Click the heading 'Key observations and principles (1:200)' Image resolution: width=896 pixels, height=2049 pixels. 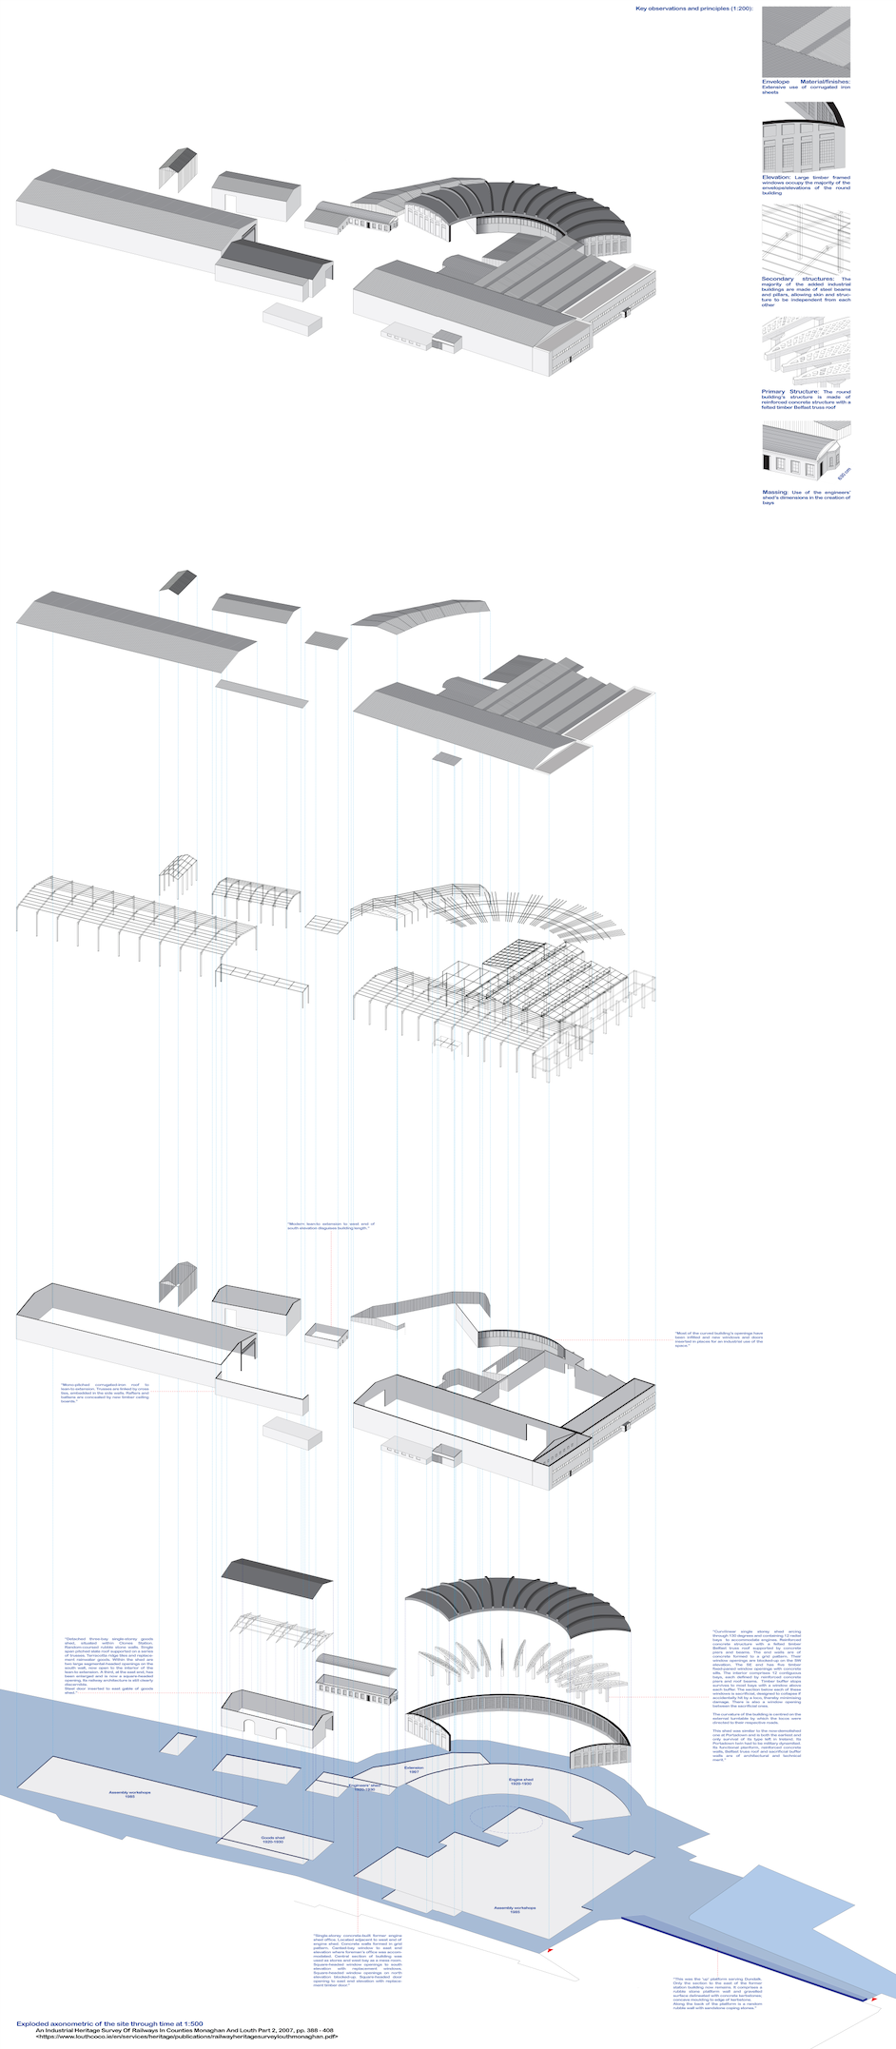pos(694,9)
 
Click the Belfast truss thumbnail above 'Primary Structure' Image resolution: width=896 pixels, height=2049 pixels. pos(806,351)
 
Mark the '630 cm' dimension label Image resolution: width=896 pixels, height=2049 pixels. pos(845,473)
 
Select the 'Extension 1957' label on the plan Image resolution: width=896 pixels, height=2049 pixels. pos(414,1769)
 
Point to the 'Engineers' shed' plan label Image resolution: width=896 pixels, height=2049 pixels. pos(365,1787)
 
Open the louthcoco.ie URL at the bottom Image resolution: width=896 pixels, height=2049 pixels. pos(186,2038)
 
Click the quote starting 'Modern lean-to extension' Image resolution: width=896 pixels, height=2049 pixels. pos(331,1226)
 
